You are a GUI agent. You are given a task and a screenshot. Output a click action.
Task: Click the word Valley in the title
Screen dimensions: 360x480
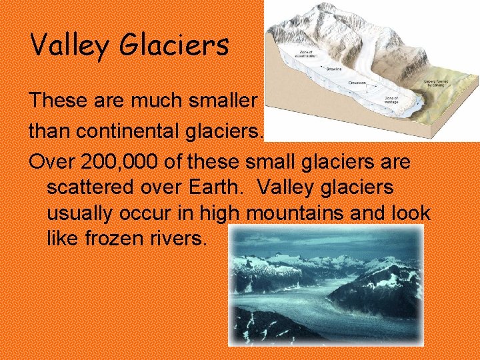[x=69, y=46]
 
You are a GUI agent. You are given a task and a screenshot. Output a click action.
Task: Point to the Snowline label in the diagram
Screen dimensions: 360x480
[x=334, y=68]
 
